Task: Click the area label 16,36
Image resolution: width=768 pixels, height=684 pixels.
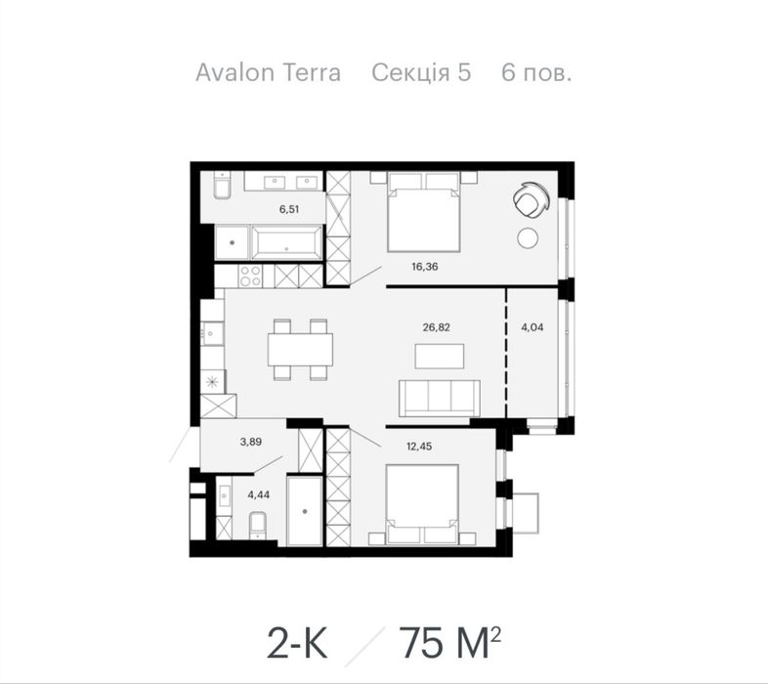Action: [425, 267]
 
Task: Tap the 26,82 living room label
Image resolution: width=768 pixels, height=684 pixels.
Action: [436, 327]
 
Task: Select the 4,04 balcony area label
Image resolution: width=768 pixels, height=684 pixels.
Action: [532, 327]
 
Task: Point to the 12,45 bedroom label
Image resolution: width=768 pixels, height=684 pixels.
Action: [419, 447]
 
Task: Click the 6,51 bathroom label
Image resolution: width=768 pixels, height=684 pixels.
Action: [289, 209]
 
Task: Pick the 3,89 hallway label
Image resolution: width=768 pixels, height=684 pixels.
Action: [251, 442]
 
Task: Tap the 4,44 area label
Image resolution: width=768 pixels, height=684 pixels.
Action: [259, 494]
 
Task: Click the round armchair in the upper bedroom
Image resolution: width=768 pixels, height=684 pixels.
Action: [531, 200]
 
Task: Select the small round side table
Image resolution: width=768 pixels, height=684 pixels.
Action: [528, 238]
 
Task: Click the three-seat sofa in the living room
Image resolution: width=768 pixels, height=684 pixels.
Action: [440, 398]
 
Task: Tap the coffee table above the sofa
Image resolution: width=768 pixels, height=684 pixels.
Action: [440, 357]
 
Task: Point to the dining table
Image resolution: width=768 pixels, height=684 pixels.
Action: [300, 350]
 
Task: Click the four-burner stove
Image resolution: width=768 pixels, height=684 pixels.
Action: [250, 277]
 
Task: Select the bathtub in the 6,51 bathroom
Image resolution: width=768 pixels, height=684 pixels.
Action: [286, 242]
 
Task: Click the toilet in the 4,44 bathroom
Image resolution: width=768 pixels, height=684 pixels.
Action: [258, 525]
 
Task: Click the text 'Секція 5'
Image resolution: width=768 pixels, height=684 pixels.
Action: [421, 72]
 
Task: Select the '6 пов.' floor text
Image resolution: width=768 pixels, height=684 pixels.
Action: [536, 72]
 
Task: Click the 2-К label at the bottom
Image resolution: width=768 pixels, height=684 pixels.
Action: [297, 642]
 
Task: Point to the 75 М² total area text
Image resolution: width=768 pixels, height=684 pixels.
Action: [449, 641]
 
